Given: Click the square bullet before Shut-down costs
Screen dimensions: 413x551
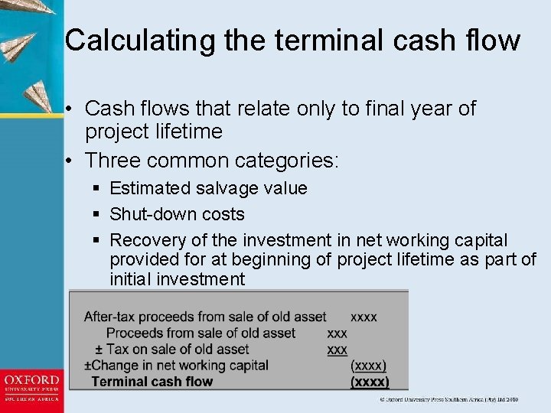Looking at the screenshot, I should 95,214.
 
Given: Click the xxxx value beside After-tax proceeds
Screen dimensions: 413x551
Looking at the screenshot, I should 364,317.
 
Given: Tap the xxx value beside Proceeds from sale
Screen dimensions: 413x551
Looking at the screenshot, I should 337,333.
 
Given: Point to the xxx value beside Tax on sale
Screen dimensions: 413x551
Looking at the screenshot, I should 337,350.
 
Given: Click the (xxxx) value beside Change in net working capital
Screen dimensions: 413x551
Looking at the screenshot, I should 368,366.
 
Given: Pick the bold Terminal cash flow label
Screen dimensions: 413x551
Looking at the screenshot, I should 152,382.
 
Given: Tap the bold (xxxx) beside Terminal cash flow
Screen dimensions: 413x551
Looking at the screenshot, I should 369,382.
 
